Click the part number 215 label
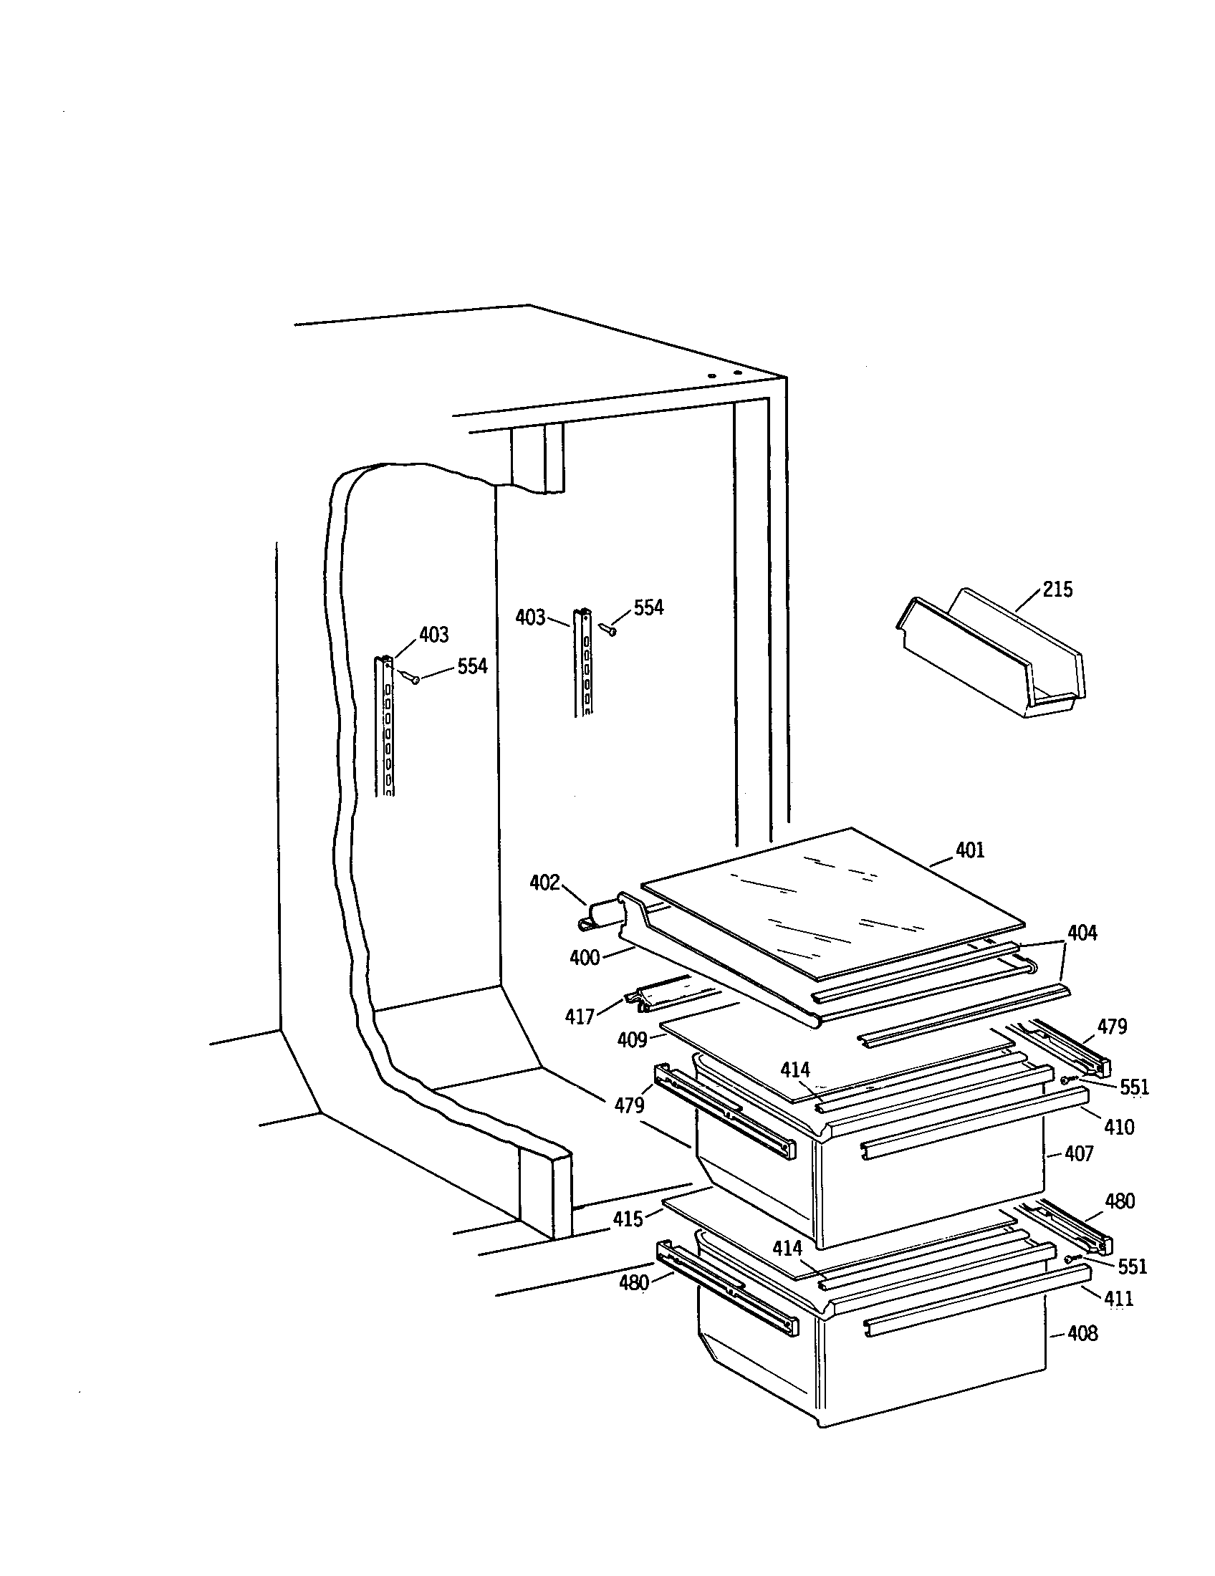pos(1057,590)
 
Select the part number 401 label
pos(970,850)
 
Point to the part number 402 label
pos(544,883)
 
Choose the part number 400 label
pos(585,958)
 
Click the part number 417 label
pos(580,1017)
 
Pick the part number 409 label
pos(632,1040)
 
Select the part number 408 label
pos(1082,1334)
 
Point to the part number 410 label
pos(1119,1126)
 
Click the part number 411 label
pos(1118,1299)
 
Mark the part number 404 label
pos(1082,933)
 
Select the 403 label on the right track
pos(530,617)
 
